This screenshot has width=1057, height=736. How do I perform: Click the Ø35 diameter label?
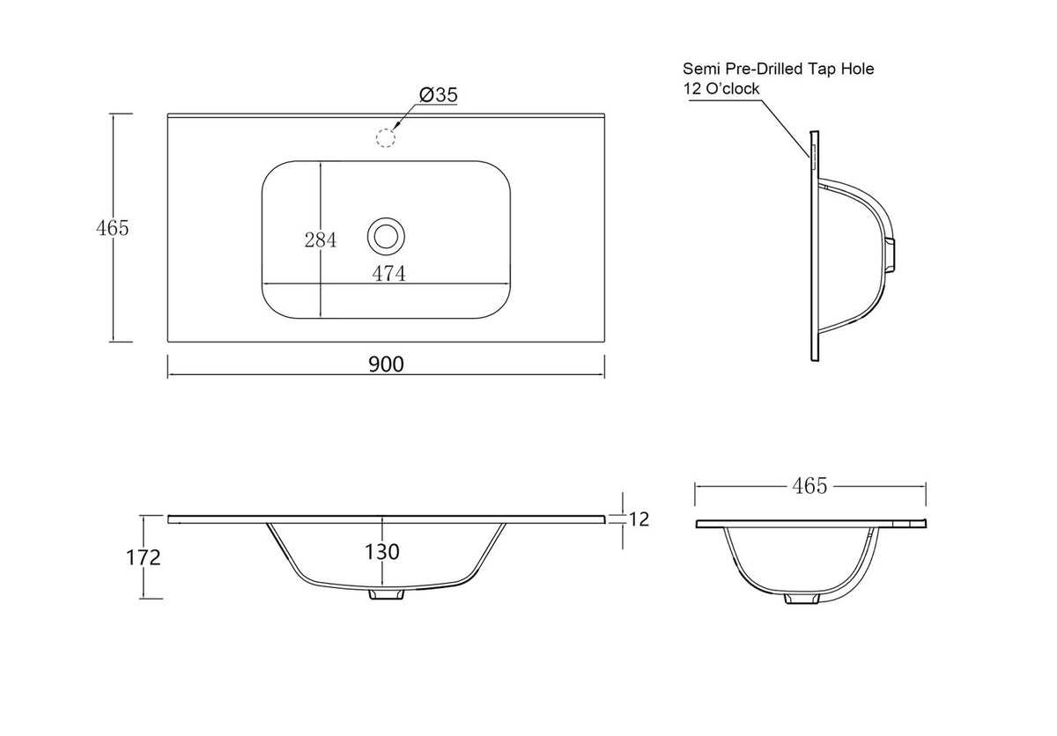click(x=439, y=95)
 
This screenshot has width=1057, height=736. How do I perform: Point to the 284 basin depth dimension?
click(x=321, y=240)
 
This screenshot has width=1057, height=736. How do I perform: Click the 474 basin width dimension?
click(x=388, y=274)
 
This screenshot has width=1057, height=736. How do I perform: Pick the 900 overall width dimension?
click(x=386, y=364)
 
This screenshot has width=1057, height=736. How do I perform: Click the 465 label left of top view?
click(x=113, y=228)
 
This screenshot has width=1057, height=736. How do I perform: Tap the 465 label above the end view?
click(x=809, y=486)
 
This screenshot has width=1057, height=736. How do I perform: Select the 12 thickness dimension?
click(x=639, y=519)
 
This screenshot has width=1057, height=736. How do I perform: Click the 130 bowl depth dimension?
click(x=381, y=552)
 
